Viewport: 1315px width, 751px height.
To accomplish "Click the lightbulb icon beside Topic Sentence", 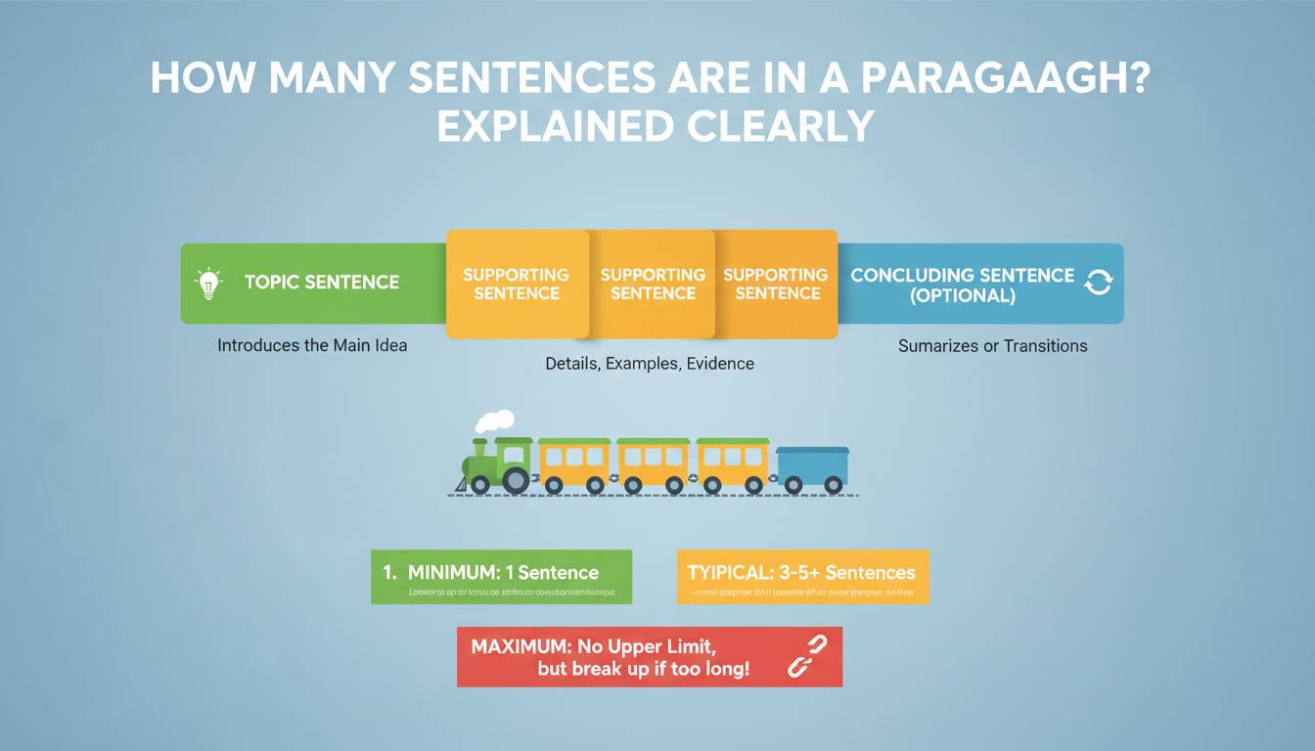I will [208, 283].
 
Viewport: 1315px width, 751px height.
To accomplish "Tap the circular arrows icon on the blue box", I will [1099, 283].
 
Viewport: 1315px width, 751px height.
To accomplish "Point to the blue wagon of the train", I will [812, 466].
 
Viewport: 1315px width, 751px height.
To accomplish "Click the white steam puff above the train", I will [495, 420].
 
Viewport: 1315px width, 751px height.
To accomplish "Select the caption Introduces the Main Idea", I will [312, 345].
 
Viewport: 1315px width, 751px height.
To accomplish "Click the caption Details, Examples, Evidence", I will [650, 364].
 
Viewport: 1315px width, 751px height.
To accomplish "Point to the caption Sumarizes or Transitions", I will [992, 345].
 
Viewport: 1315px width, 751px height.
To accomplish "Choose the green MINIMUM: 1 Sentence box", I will [501, 577].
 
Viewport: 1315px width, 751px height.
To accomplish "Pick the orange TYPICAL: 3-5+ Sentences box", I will [802, 577].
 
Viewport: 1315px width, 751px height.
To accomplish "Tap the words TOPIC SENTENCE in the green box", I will [322, 283].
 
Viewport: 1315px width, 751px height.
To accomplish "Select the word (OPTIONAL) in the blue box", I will [963, 295].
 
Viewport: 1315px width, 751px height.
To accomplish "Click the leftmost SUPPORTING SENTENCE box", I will [516, 284].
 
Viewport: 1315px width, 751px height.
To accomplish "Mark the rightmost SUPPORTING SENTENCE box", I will [776, 284].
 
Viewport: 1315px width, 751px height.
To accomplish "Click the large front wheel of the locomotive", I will [516, 480].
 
